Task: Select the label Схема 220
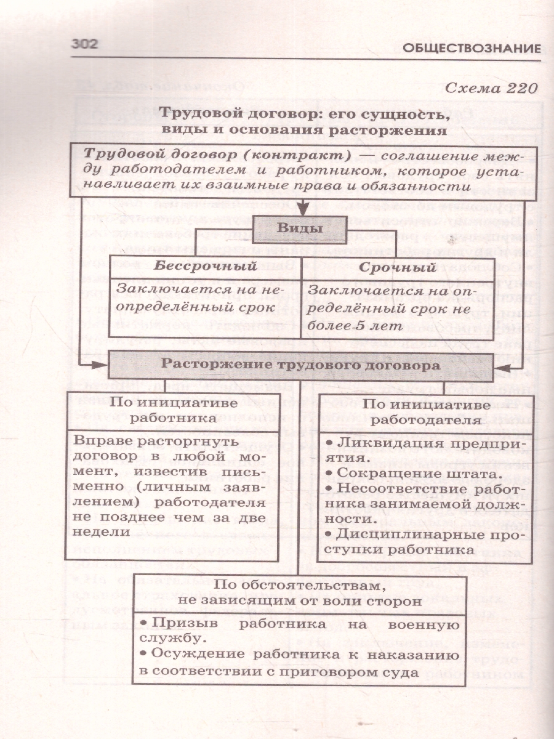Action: (491, 87)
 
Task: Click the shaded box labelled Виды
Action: (300, 229)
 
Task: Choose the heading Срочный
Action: (397, 267)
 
